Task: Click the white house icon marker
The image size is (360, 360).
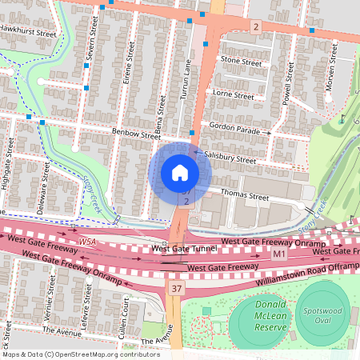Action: pos(179,173)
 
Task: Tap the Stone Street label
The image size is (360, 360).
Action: pos(241,61)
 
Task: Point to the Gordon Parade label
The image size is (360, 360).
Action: pos(236,127)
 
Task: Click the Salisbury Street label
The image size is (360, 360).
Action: pos(230,159)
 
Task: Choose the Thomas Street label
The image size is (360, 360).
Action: pos(243,195)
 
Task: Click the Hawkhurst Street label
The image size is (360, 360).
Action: pos(28,35)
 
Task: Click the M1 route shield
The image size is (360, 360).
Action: pos(278,254)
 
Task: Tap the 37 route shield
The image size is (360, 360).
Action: pos(176,287)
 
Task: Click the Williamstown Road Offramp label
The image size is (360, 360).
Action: pos(305,276)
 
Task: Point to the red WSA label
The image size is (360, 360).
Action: pos(87,241)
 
